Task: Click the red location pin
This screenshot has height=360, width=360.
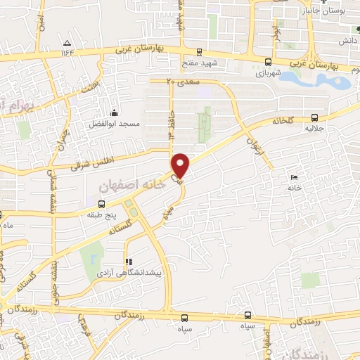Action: click(181, 165)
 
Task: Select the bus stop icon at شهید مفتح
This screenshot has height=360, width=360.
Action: click(199, 52)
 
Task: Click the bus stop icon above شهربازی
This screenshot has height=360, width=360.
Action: click(266, 61)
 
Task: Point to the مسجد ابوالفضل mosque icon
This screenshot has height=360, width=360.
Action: click(113, 112)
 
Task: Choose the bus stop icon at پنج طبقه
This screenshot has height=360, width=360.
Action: click(102, 204)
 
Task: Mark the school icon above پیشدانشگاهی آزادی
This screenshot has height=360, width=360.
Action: click(128, 259)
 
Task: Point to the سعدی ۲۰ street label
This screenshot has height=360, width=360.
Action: click(180, 82)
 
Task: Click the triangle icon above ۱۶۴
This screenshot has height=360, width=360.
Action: click(67, 42)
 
